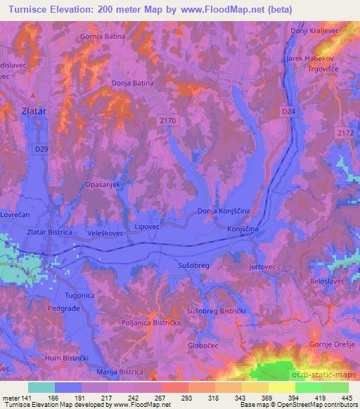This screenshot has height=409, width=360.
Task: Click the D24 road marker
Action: click(x=288, y=111)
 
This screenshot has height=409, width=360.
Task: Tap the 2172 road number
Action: click(x=345, y=132)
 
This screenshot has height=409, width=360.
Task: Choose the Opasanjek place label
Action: click(x=105, y=184)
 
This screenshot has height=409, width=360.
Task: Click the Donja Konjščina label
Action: click(x=224, y=211)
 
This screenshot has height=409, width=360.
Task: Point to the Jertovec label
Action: click(x=262, y=268)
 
